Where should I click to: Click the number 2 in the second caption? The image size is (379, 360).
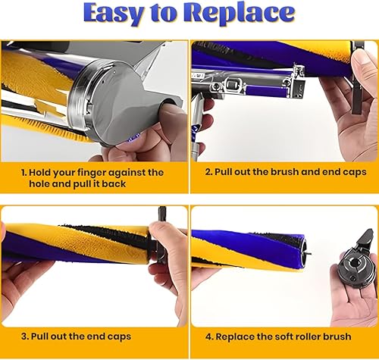click(x=207, y=173)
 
